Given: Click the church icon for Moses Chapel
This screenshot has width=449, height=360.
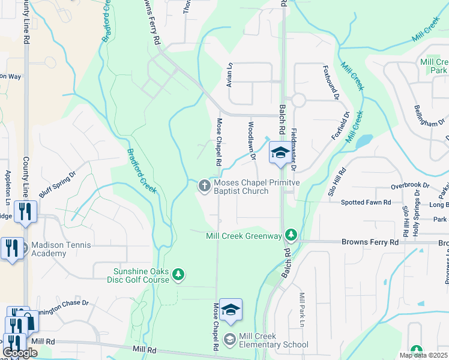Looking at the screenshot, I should click(204, 185).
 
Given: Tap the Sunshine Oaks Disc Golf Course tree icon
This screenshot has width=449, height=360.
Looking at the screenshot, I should click(178, 275).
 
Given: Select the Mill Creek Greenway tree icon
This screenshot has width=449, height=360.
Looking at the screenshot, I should click(291, 233).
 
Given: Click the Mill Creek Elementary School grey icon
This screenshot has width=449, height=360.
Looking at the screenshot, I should click(229, 340).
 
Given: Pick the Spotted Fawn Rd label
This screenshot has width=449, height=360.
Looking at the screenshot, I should click(366, 203).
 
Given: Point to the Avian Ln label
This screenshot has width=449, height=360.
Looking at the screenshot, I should click(229, 75).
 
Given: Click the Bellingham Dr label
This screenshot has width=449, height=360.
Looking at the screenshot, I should click(429, 115).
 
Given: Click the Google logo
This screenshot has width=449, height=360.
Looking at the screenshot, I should click(20, 353).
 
